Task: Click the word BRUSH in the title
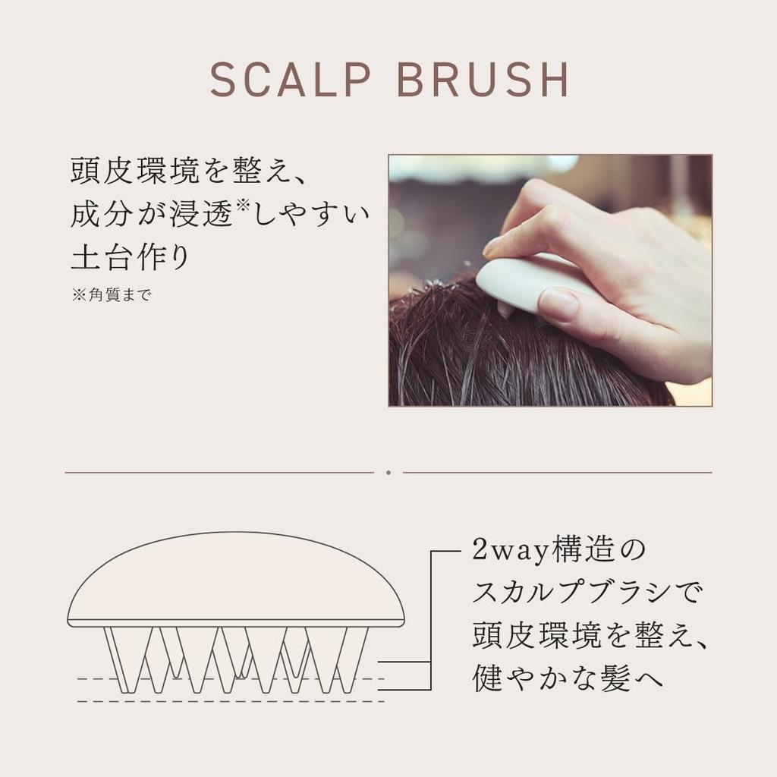(483, 80)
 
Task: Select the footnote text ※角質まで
(112, 295)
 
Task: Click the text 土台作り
(130, 256)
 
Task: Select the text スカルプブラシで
(588, 592)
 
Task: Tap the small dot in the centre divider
(388, 472)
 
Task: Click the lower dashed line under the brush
(228, 700)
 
